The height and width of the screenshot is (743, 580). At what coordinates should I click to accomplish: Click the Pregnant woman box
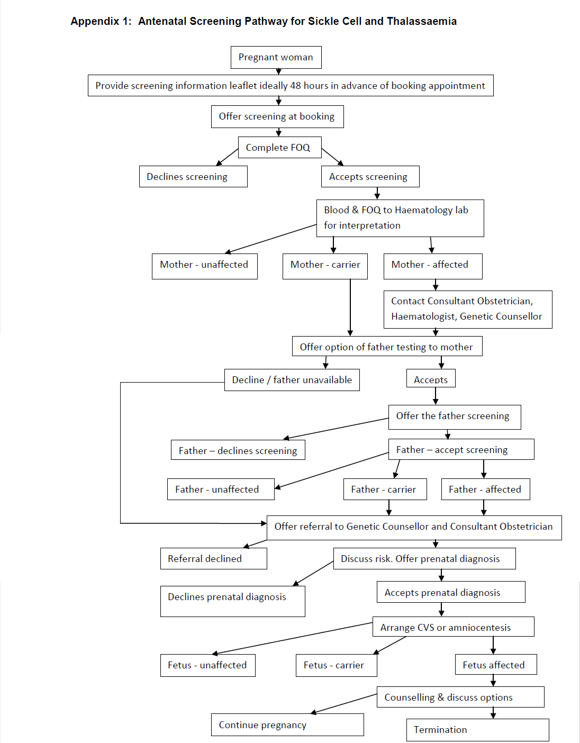point(276,57)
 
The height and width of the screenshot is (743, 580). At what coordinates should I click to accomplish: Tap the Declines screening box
point(193,177)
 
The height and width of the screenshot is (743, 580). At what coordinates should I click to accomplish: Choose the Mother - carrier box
point(325,265)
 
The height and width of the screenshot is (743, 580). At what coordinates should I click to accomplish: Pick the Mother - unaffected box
point(204,265)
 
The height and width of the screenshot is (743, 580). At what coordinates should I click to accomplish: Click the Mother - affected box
point(432,265)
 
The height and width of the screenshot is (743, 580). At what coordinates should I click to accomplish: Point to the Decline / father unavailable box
point(292,380)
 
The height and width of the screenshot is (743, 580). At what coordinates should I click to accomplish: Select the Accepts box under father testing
point(430,379)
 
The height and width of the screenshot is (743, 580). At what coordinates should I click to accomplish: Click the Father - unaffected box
point(221,490)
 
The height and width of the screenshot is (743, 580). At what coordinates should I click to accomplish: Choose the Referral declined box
point(213,559)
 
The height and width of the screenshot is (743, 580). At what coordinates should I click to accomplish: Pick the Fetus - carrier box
point(336,665)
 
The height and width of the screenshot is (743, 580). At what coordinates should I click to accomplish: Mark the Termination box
point(477,730)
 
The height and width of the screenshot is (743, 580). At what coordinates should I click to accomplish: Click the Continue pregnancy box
point(287,725)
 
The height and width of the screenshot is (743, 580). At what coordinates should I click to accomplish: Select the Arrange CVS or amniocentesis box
point(453,627)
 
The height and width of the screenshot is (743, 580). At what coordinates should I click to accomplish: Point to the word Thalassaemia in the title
point(421,21)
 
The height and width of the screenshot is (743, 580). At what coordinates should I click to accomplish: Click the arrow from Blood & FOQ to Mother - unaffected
point(271,239)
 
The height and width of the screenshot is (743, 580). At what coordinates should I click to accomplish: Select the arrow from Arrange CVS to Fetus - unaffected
point(293,639)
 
